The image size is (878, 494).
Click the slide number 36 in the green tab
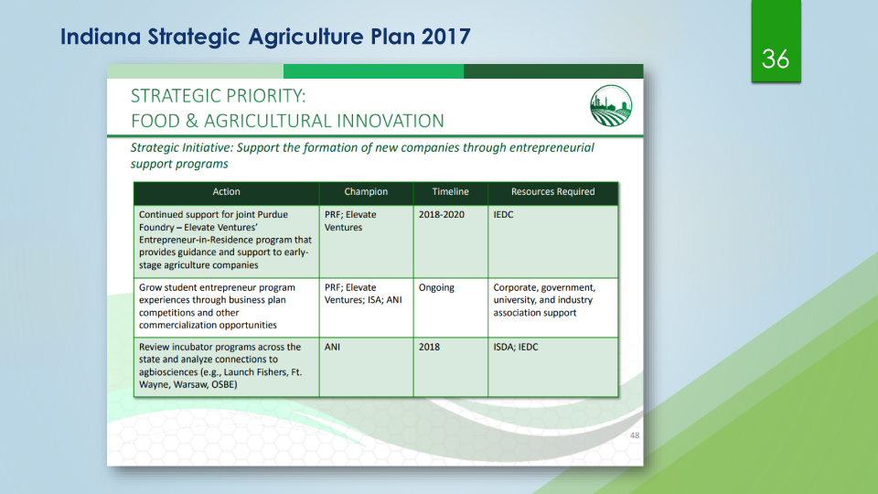[x=776, y=59]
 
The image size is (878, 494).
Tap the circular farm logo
[x=611, y=106]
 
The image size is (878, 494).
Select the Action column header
[x=226, y=191]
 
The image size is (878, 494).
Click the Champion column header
[x=366, y=191]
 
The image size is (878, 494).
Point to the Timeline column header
[x=450, y=191]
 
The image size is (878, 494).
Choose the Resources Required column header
[x=552, y=191]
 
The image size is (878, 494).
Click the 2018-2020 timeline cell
[x=441, y=214]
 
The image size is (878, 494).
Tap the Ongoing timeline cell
[x=436, y=288]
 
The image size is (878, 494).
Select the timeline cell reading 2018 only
[x=429, y=347]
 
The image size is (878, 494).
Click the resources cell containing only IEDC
[x=503, y=214]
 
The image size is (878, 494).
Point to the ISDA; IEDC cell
[x=515, y=347]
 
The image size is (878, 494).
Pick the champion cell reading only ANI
[x=332, y=347]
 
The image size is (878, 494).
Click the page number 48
[x=635, y=435]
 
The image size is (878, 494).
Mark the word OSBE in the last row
[x=224, y=385]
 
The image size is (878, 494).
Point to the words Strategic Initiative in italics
[x=181, y=148]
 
